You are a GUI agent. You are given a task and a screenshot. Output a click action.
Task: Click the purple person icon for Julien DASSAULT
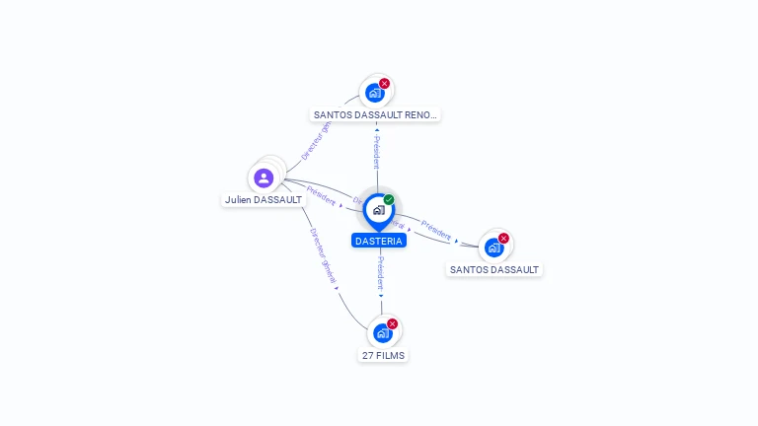264,177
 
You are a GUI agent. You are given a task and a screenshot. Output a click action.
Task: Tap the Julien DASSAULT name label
264,200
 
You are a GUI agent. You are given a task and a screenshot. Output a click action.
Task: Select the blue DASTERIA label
379,241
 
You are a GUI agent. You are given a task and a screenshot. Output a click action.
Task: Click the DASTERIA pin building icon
378,210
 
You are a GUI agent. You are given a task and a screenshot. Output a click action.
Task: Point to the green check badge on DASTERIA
389,199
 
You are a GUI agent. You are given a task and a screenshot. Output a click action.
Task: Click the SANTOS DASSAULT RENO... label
375,114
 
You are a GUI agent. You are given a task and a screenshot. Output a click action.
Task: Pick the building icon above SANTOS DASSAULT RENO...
374,94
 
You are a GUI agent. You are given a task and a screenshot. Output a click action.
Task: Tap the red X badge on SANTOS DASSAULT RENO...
384,84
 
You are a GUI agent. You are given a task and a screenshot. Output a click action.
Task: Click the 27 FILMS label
383,355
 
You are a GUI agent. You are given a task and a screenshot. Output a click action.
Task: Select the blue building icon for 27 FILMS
382,333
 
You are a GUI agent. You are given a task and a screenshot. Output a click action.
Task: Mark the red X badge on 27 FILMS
392,323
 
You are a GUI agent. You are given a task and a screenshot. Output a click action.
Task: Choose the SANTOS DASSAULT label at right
494,269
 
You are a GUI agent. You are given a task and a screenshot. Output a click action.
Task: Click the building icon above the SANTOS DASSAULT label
493,248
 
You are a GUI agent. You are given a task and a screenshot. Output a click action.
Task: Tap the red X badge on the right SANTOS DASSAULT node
503,238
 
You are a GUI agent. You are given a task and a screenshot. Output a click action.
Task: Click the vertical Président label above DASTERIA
376,152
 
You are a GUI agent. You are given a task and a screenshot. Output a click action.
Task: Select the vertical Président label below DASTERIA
381,272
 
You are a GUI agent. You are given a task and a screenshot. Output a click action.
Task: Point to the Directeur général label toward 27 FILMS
324,257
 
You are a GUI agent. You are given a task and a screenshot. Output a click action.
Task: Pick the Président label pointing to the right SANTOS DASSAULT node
435,229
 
